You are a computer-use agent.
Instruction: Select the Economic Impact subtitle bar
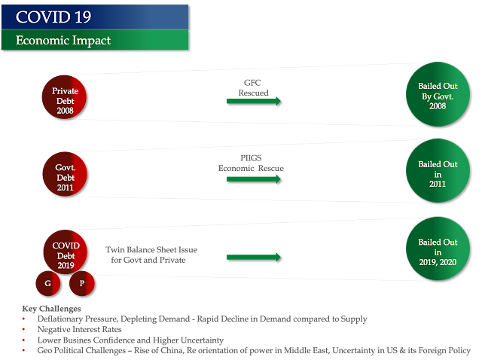(x=94, y=41)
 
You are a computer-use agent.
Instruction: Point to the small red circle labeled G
(x=47, y=283)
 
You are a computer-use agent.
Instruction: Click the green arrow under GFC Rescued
(x=254, y=100)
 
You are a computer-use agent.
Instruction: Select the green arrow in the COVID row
(x=254, y=257)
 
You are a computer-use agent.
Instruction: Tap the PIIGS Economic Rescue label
(x=251, y=163)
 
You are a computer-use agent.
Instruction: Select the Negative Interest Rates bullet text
(x=79, y=329)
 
